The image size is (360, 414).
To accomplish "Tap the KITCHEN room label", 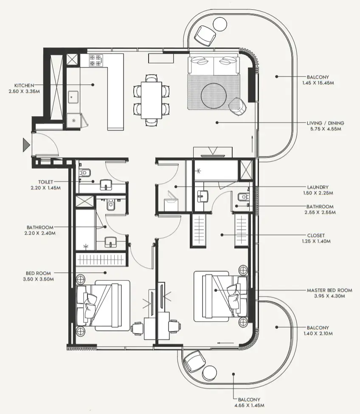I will (24, 85).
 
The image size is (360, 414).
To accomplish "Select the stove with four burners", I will (96, 60).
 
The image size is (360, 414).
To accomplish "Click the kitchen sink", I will (73, 97).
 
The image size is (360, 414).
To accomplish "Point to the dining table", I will (152, 100).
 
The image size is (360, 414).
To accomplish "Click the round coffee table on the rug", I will (215, 95).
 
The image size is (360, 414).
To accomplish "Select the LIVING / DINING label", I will (326, 123).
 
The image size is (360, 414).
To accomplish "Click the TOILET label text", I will (45, 182).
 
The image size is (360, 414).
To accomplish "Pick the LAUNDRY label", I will (318, 187).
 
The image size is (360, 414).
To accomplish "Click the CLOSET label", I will (316, 235).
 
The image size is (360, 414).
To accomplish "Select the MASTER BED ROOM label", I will (329, 291).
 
